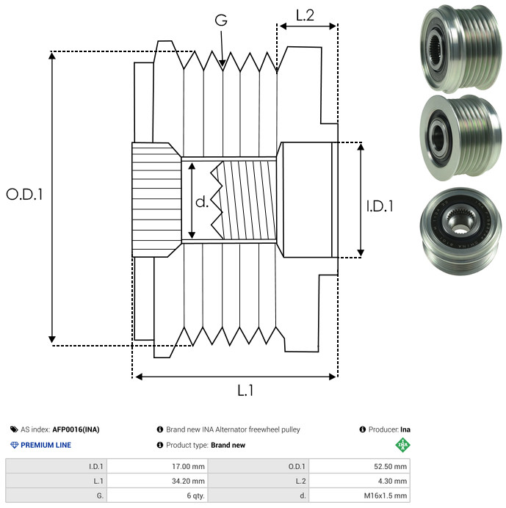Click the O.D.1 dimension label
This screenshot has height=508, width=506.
click(x=25, y=195)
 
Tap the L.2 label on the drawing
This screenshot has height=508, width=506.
click(x=305, y=15)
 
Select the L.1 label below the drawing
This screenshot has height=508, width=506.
click(x=245, y=391)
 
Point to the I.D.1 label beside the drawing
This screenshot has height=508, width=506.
click(x=380, y=206)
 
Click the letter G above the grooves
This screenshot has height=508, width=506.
click(x=220, y=21)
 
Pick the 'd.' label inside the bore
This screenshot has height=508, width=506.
click(x=202, y=201)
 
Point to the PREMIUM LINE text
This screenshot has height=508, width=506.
click(x=46, y=445)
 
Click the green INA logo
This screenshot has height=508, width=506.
click(x=402, y=444)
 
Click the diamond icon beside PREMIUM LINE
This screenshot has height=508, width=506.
click(x=14, y=445)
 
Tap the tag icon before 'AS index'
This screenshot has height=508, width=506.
click(x=14, y=429)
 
